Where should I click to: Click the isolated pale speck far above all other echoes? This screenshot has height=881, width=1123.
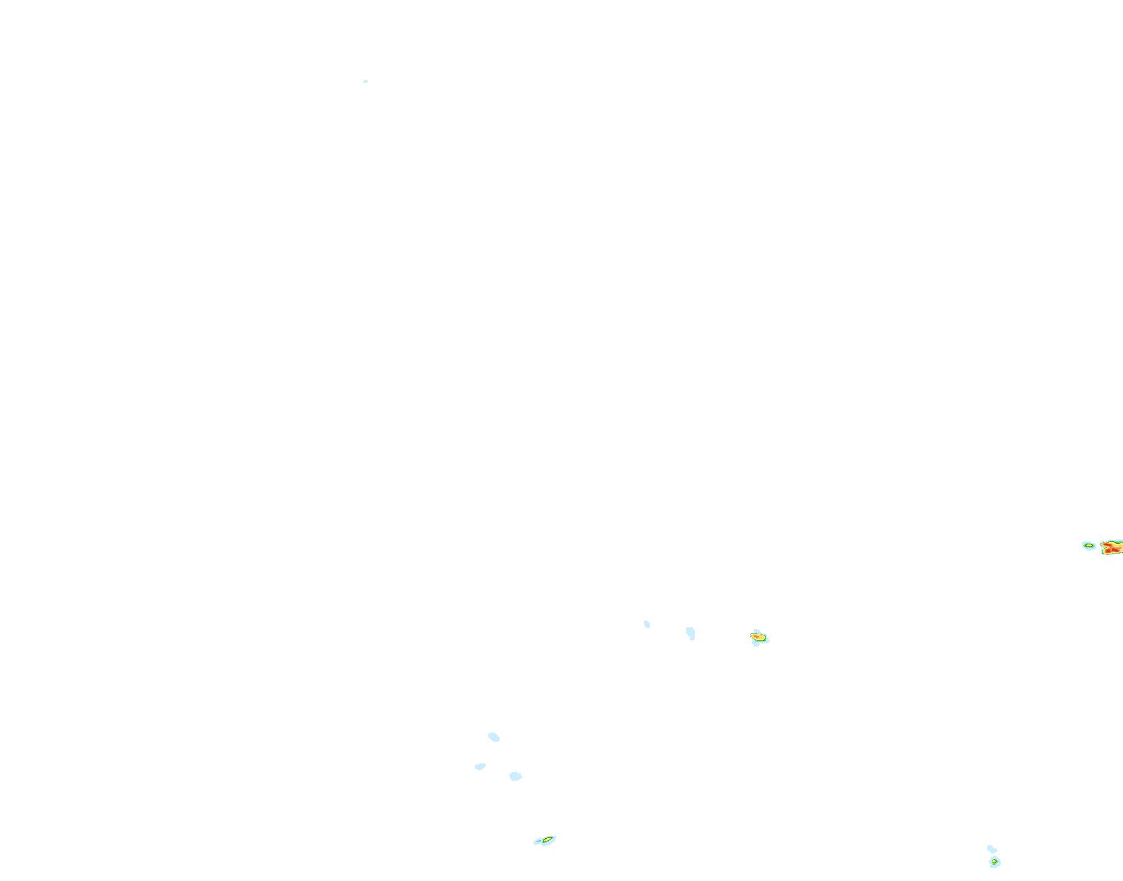point(366,81)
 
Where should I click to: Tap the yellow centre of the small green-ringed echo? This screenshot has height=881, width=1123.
point(1089,546)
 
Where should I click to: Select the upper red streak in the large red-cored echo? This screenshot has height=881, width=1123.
point(1108,544)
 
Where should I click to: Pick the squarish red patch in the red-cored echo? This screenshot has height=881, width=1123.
point(1108,551)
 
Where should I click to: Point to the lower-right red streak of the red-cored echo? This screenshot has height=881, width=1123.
point(1115,550)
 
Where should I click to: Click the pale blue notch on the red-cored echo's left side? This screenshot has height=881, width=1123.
point(1103,548)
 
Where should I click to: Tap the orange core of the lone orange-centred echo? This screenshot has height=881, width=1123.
point(756,636)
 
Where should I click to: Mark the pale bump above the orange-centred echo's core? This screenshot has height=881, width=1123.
point(756,631)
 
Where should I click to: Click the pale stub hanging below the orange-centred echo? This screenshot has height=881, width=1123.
point(756,644)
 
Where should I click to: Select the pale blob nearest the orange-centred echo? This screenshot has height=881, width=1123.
point(691,633)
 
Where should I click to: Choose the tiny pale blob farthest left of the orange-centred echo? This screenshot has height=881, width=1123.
point(647,624)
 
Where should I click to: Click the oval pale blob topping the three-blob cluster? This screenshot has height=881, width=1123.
point(494,737)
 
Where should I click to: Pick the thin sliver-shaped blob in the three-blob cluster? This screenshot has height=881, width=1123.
point(480,767)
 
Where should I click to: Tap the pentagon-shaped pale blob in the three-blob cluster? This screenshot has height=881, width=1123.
point(515,776)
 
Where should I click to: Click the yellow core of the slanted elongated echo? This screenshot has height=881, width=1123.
point(547,840)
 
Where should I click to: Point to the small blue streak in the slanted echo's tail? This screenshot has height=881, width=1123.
point(538,841)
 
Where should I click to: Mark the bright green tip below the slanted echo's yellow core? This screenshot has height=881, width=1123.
point(543,842)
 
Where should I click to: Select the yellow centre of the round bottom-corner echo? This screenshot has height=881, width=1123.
point(994,861)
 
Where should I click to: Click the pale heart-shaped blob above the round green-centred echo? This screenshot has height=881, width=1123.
point(991,849)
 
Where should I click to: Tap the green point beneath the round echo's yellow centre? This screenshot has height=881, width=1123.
point(994,864)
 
